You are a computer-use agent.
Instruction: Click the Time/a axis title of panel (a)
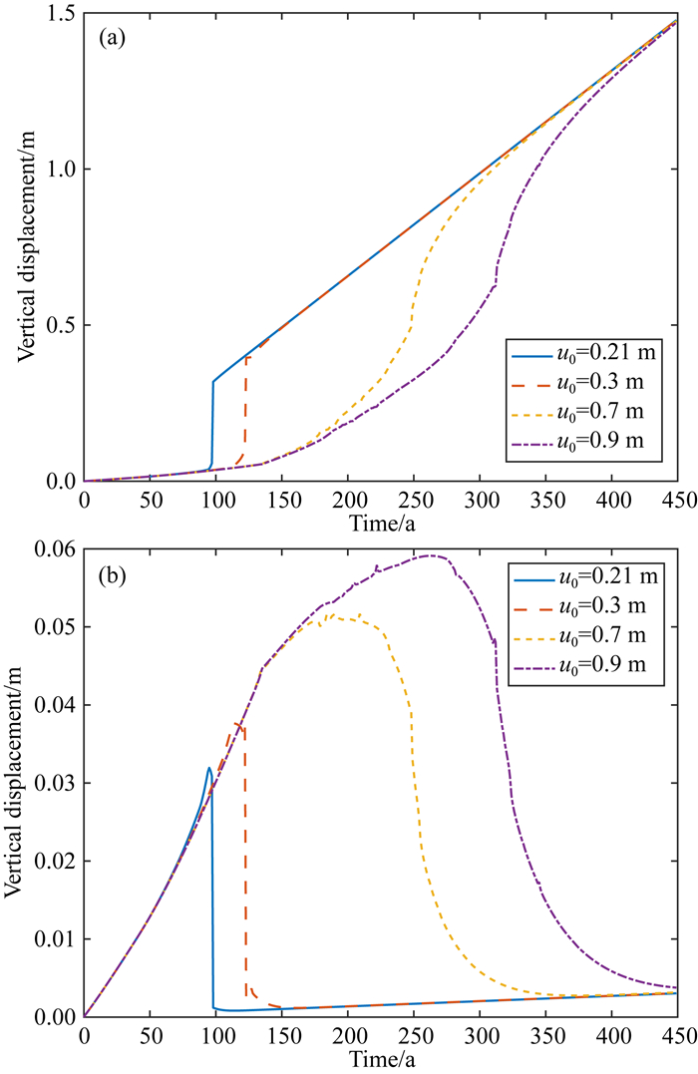tap(381, 518)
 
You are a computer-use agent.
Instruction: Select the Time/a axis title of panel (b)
tap(381, 1053)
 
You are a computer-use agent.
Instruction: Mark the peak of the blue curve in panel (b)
tap(208, 768)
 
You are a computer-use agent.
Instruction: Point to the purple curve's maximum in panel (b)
tap(431, 555)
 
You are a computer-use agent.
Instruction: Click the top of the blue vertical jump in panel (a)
tap(213, 381)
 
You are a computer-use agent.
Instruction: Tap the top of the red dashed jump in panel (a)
tap(245, 356)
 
